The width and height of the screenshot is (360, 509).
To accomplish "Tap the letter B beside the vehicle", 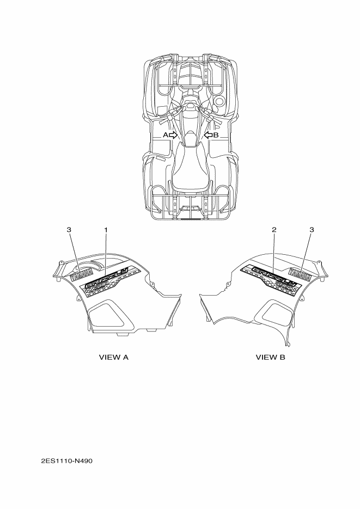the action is click(216, 134).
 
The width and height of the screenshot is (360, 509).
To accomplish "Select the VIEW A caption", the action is click(113, 358).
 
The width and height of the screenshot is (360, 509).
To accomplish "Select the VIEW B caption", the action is click(271, 358).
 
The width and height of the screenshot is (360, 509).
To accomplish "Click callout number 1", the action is click(106, 230).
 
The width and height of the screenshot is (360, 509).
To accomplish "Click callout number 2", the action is click(274, 230).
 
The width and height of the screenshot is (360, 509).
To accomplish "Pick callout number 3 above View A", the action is click(69, 230).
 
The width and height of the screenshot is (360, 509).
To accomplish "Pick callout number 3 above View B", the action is click(312, 230).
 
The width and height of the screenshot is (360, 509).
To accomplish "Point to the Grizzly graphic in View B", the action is click(268, 279).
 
